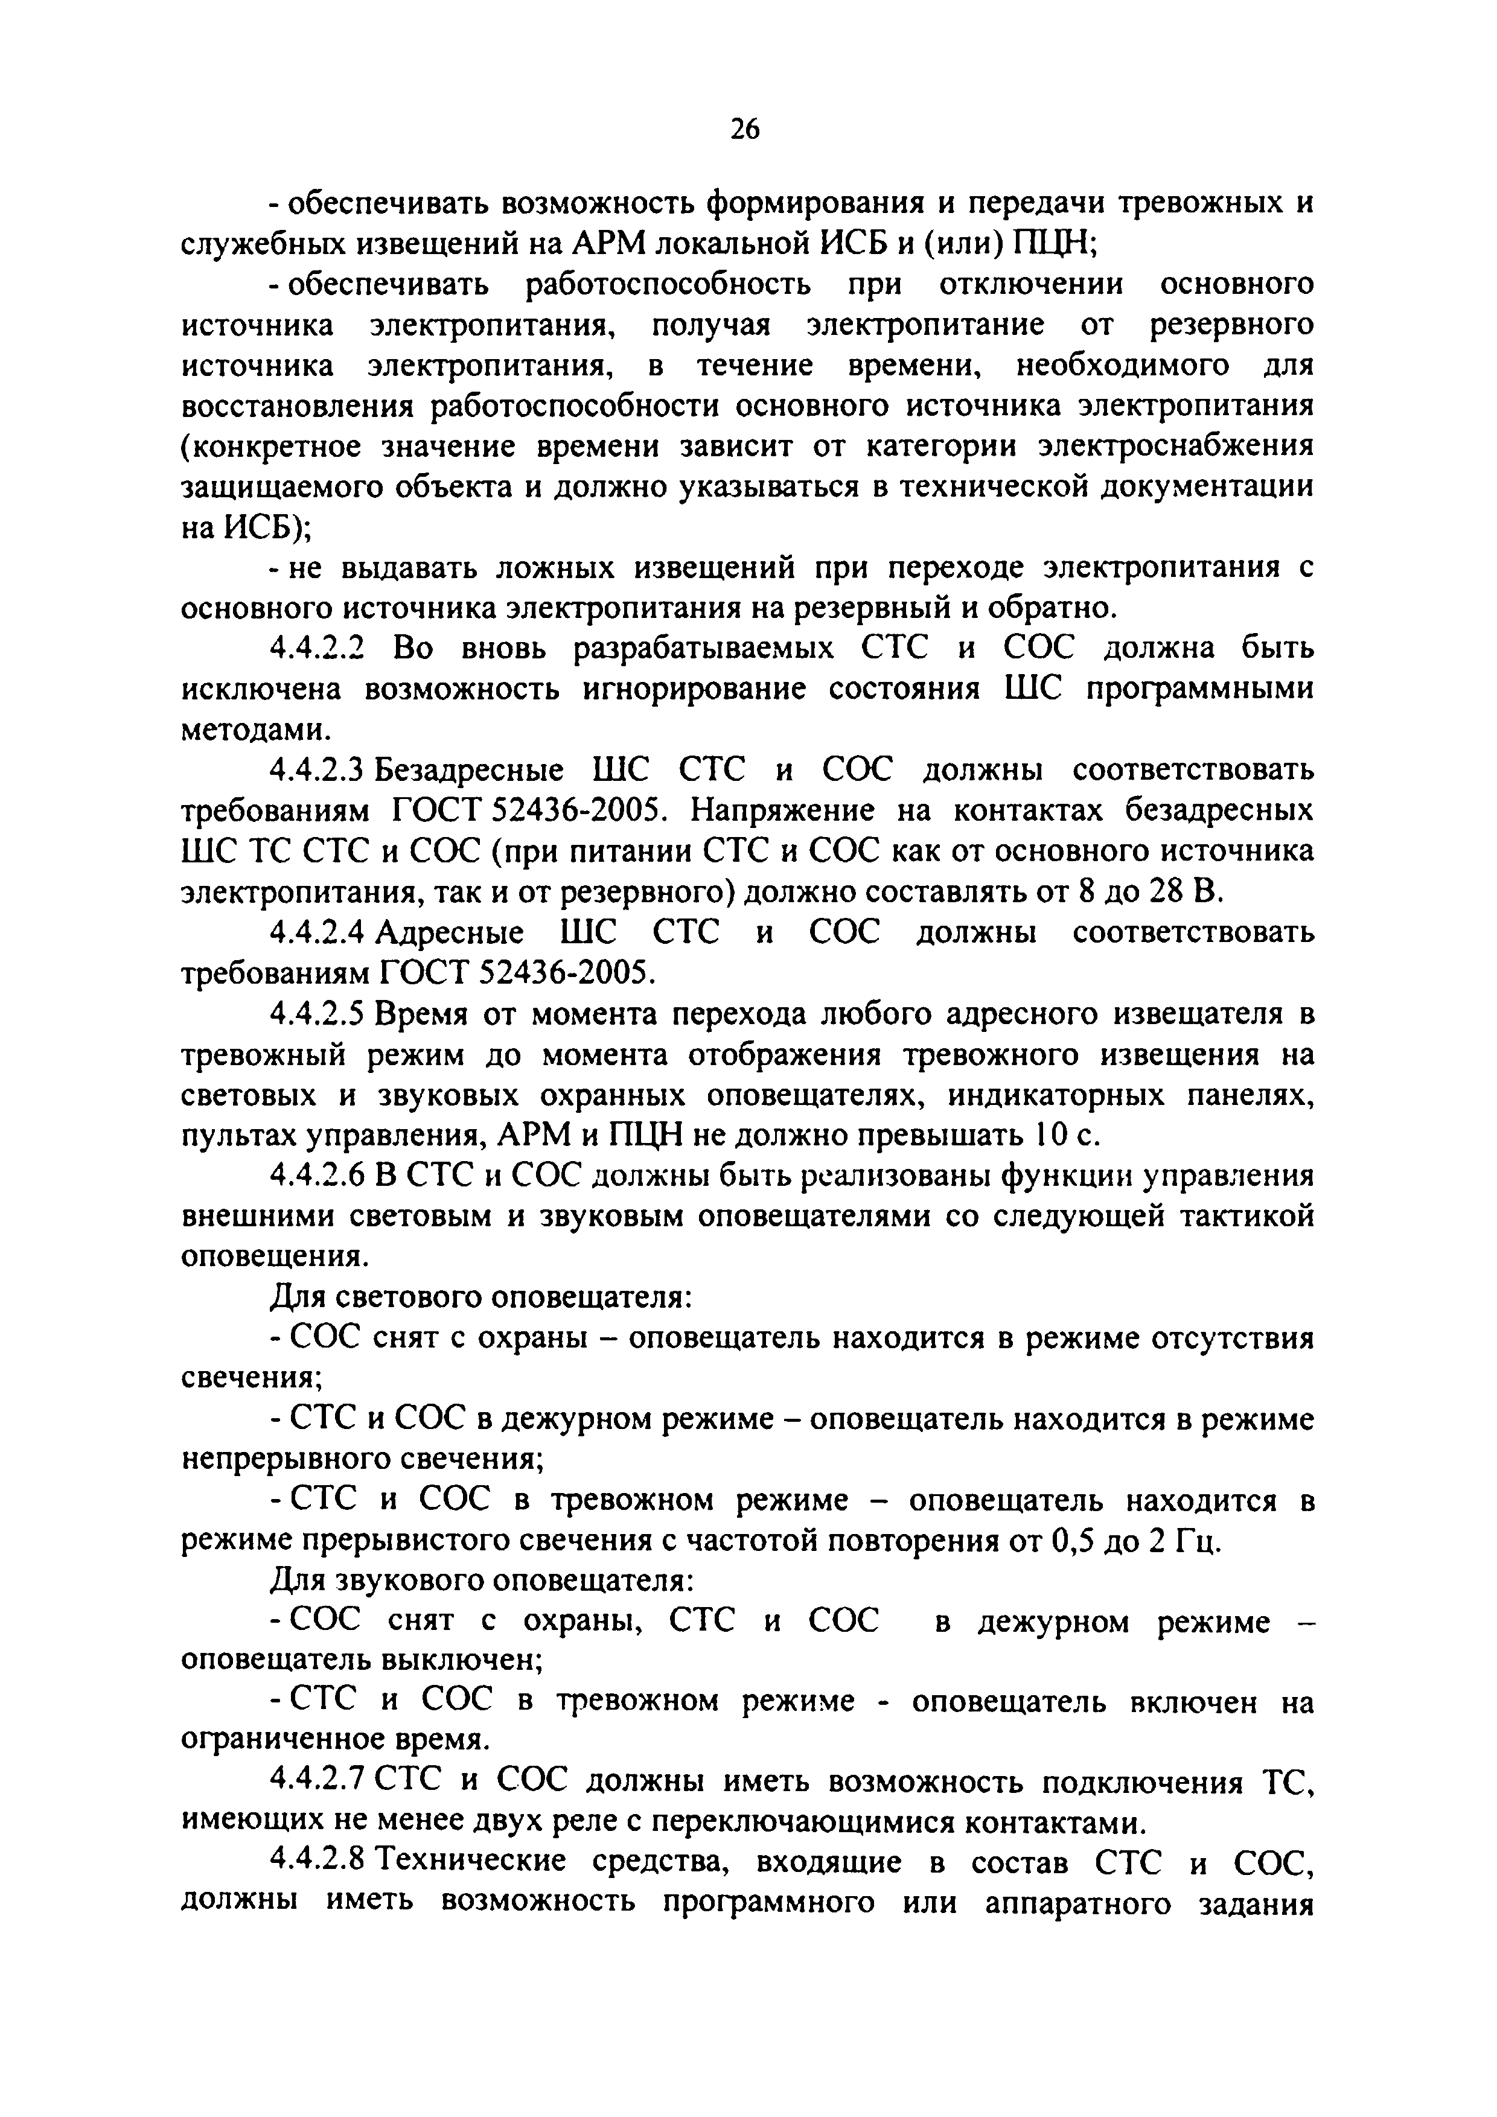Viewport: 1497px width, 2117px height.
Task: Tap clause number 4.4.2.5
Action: (318, 1014)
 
